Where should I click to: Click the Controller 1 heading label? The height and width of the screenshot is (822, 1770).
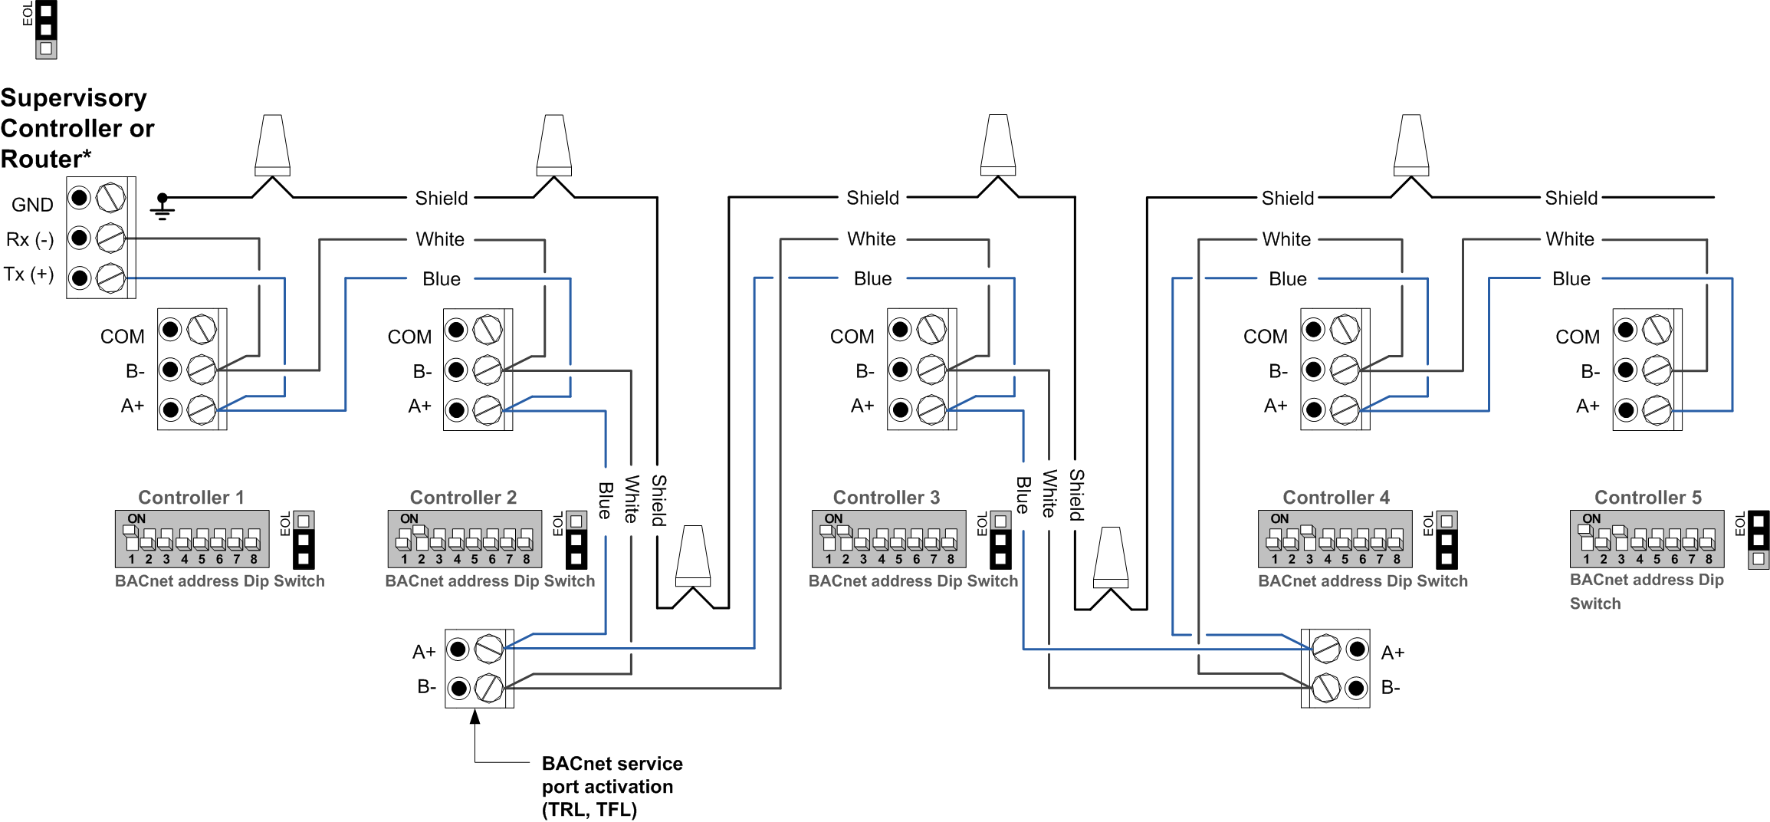[191, 497]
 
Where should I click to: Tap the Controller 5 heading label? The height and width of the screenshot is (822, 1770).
[1647, 497]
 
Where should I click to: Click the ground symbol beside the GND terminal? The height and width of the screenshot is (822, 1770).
[163, 208]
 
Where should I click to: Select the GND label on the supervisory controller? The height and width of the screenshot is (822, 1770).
[32, 205]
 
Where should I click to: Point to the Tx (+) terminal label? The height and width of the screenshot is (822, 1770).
[28, 275]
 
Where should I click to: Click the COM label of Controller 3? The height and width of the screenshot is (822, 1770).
[852, 337]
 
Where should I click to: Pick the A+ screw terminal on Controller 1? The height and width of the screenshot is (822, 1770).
[202, 409]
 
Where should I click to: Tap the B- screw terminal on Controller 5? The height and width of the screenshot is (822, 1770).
[1656, 370]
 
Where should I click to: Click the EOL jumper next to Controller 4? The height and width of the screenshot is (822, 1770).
[1446, 540]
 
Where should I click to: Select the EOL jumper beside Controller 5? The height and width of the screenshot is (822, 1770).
[1759, 540]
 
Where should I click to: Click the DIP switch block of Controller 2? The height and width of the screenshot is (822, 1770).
[465, 539]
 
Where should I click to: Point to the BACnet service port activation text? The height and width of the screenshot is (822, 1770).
[612, 786]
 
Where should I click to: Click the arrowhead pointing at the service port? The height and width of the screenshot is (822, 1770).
[475, 718]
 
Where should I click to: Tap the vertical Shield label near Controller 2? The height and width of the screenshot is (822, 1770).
[658, 500]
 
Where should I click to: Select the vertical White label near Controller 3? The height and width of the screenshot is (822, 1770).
[1049, 493]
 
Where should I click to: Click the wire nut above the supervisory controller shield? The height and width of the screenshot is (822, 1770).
[272, 146]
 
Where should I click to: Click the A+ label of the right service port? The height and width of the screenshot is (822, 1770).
[1392, 653]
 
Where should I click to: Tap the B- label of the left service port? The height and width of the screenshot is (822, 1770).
[426, 687]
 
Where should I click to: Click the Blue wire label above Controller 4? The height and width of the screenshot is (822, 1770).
[1287, 279]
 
